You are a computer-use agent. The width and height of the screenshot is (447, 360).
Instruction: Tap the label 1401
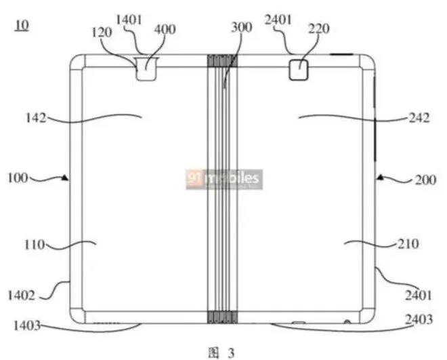[129, 20]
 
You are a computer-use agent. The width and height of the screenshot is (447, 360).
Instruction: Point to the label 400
[164, 29]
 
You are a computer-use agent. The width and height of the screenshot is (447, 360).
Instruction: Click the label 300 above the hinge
[240, 27]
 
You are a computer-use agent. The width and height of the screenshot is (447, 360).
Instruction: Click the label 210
[409, 243]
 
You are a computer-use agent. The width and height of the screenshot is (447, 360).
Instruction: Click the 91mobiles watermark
[223, 179]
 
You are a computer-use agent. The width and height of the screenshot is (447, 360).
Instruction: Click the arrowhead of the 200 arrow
[381, 179]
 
